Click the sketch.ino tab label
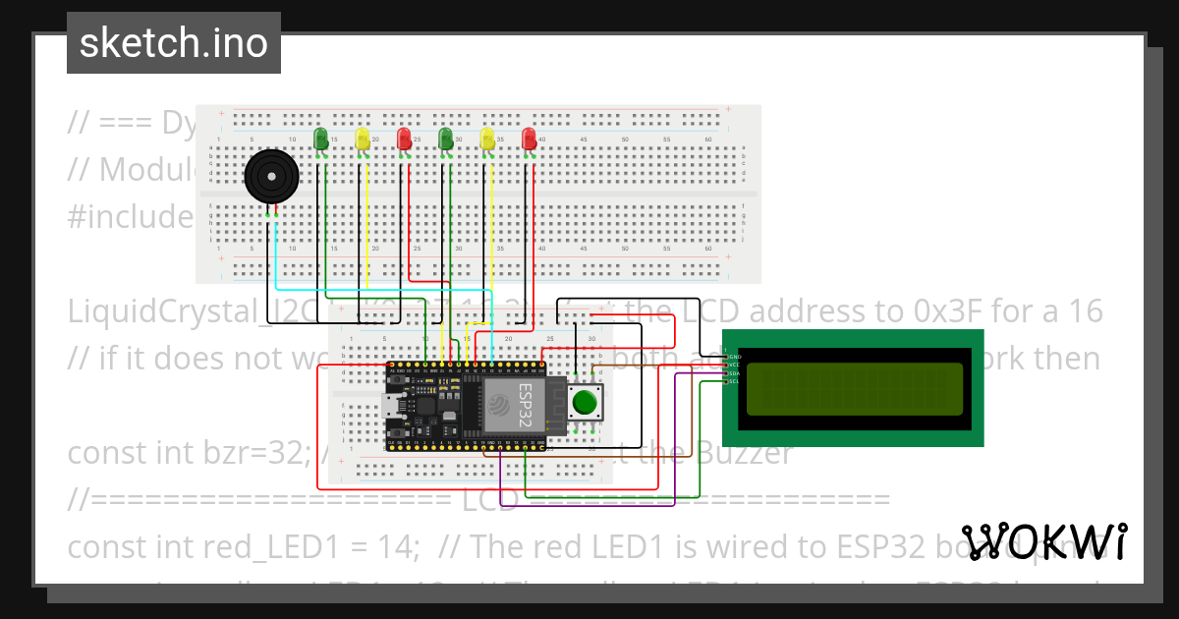[x=173, y=43]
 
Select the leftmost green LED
[x=320, y=139]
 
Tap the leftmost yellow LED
[x=363, y=139]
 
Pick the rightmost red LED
[x=530, y=139]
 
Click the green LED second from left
[x=446, y=139]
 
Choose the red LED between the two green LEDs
[x=404, y=139]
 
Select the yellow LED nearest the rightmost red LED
[x=487, y=139]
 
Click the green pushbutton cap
[x=586, y=402]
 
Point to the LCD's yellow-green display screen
[x=854, y=389]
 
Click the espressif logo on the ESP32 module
[x=498, y=405]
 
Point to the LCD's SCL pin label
[x=733, y=381]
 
